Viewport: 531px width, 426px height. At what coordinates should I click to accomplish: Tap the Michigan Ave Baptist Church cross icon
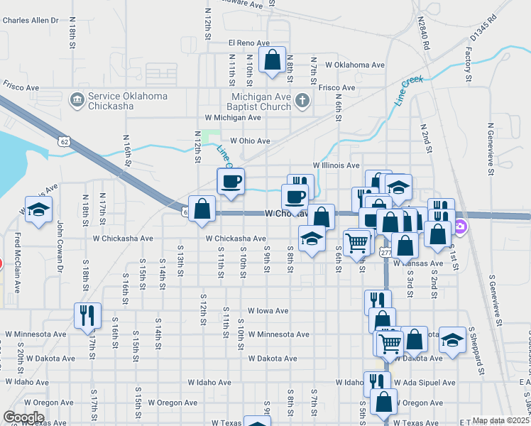tap(303, 100)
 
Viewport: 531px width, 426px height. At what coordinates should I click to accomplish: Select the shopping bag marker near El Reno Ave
tap(272, 61)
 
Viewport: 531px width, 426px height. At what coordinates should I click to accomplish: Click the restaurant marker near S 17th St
tap(87, 317)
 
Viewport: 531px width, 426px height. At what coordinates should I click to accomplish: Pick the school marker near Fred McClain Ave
tap(38, 210)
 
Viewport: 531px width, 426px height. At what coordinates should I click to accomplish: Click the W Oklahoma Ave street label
tap(355, 65)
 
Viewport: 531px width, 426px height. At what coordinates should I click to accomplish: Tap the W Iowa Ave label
tap(268, 311)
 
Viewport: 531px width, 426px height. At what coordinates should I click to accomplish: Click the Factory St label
tap(469, 63)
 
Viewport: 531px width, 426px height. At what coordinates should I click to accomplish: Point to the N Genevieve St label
tap(491, 148)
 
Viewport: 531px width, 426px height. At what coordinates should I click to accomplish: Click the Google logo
tap(24, 417)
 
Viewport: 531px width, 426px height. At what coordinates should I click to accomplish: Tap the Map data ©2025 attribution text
tap(500, 420)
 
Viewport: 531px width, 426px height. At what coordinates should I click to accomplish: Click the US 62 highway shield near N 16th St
tap(65, 142)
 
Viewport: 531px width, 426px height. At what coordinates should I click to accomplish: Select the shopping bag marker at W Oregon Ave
tap(383, 402)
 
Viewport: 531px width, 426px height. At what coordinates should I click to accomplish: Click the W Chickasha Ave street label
tap(236, 239)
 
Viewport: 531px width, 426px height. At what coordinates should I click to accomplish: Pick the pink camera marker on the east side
tap(461, 227)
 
